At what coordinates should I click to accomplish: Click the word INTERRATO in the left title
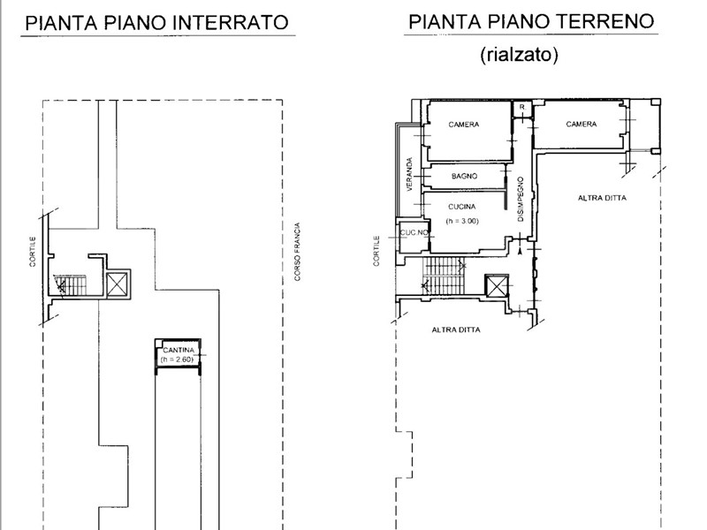click(x=232, y=22)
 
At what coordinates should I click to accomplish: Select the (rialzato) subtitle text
click(x=519, y=55)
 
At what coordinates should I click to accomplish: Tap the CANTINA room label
click(x=179, y=350)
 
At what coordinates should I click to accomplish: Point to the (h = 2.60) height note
click(x=177, y=360)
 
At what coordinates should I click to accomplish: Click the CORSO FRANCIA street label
click(x=297, y=252)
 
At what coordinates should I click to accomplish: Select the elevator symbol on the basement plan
click(x=117, y=284)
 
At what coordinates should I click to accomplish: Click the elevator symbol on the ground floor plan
click(x=496, y=285)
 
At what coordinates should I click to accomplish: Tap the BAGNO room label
click(x=465, y=176)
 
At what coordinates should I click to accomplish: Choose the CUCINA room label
click(x=461, y=207)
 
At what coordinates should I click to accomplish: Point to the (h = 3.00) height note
click(x=462, y=221)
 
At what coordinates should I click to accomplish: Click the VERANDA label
click(x=409, y=174)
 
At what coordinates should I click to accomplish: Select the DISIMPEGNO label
click(x=521, y=200)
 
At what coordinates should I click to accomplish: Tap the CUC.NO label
click(x=414, y=232)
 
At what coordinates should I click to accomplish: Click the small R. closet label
click(x=522, y=107)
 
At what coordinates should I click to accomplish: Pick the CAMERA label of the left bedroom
click(x=463, y=125)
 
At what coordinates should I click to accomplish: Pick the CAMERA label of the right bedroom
click(x=582, y=124)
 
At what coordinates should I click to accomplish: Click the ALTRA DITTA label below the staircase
click(x=456, y=329)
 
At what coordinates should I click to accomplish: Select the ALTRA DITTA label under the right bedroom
click(x=602, y=198)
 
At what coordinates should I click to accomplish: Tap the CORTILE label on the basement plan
click(x=33, y=252)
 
